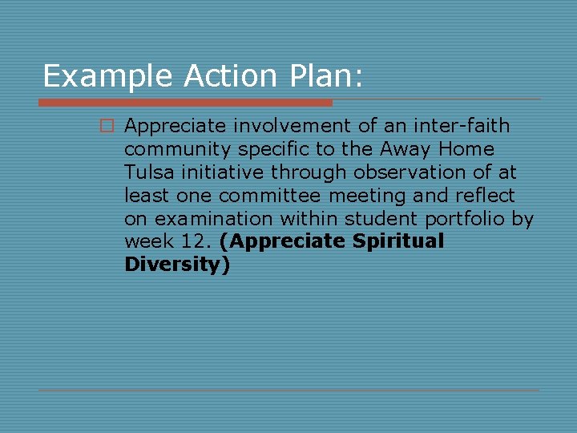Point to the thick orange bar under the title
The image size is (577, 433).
click(x=185, y=103)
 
